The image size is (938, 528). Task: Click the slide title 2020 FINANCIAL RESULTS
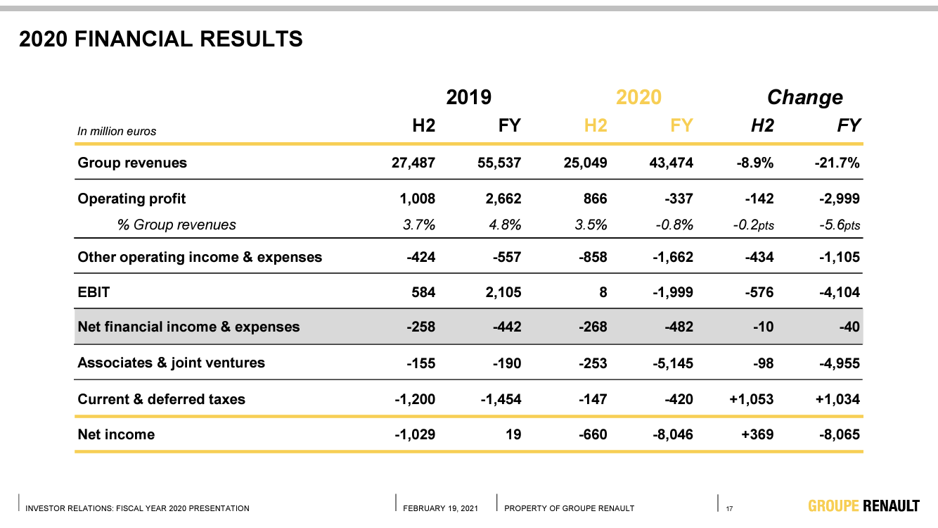tap(161, 39)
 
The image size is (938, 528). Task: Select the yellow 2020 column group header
tap(638, 96)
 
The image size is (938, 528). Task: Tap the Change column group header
tap(804, 96)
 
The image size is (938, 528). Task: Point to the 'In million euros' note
tap(117, 131)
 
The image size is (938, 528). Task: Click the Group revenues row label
tap(132, 163)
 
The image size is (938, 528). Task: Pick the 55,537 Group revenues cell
tap(499, 163)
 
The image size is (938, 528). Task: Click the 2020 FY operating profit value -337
tap(679, 199)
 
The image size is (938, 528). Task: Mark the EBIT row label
tap(94, 291)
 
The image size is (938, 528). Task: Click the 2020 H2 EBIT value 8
tap(603, 291)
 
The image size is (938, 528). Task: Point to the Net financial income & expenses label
tap(188, 327)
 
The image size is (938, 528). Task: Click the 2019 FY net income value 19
tap(513, 434)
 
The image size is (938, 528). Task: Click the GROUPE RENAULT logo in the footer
tap(863, 505)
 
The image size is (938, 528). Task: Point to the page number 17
tap(729, 508)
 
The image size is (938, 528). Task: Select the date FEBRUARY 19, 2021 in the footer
tap(440, 508)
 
